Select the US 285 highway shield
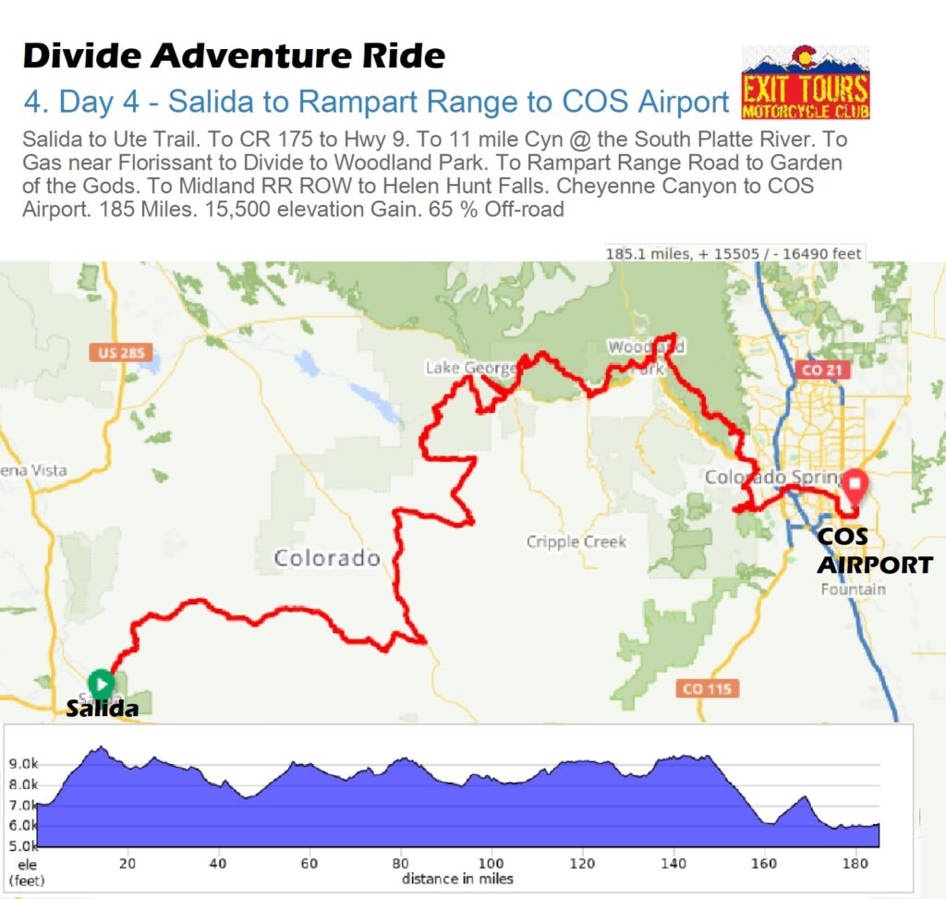click(121, 353)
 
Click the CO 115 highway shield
click(707, 688)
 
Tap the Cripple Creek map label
click(576, 542)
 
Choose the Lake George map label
click(470, 369)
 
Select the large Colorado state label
click(327, 558)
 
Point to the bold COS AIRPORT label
click(874, 552)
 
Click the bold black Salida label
click(103, 710)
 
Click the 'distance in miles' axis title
click(457, 879)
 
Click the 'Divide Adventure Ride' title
click(234, 56)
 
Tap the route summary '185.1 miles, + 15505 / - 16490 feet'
click(734, 253)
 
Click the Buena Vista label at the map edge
click(33, 470)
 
